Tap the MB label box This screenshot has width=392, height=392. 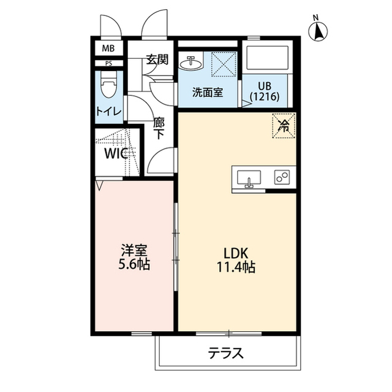tap(108, 48)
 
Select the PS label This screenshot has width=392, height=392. tap(108, 63)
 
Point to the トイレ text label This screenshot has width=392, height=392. tap(108, 111)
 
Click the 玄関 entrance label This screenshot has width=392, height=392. tap(157, 60)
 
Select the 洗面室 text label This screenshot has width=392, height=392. tap(207, 93)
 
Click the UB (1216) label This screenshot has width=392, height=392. tap(264, 91)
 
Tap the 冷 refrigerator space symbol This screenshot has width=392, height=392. tap(284, 126)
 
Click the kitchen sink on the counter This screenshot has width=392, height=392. tap(249, 179)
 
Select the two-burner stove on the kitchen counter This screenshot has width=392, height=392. tap(282, 178)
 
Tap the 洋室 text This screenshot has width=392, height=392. tap(134, 251)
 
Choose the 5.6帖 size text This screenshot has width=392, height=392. tap(134, 266)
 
